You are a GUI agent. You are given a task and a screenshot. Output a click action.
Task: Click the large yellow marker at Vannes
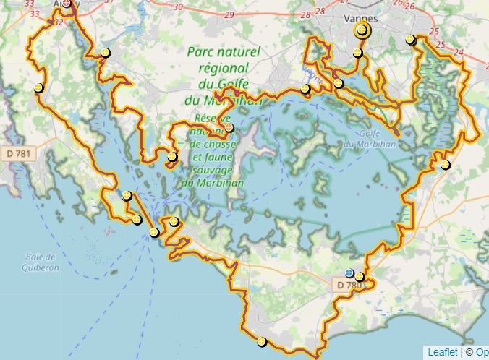click(x=362, y=30)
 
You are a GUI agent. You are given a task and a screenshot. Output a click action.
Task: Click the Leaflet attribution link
click(x=442, y=352)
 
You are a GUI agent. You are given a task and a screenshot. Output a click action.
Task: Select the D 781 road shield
click(x=19, y=153)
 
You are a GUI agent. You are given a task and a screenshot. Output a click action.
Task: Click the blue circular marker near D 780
click(x=350, y=273)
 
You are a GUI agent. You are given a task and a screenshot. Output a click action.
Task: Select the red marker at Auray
click(x=67, y=4)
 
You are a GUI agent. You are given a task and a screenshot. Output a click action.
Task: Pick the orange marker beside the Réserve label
click(x=229, y=127)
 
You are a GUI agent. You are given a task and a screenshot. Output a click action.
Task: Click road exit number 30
click(x=179, y=7)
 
